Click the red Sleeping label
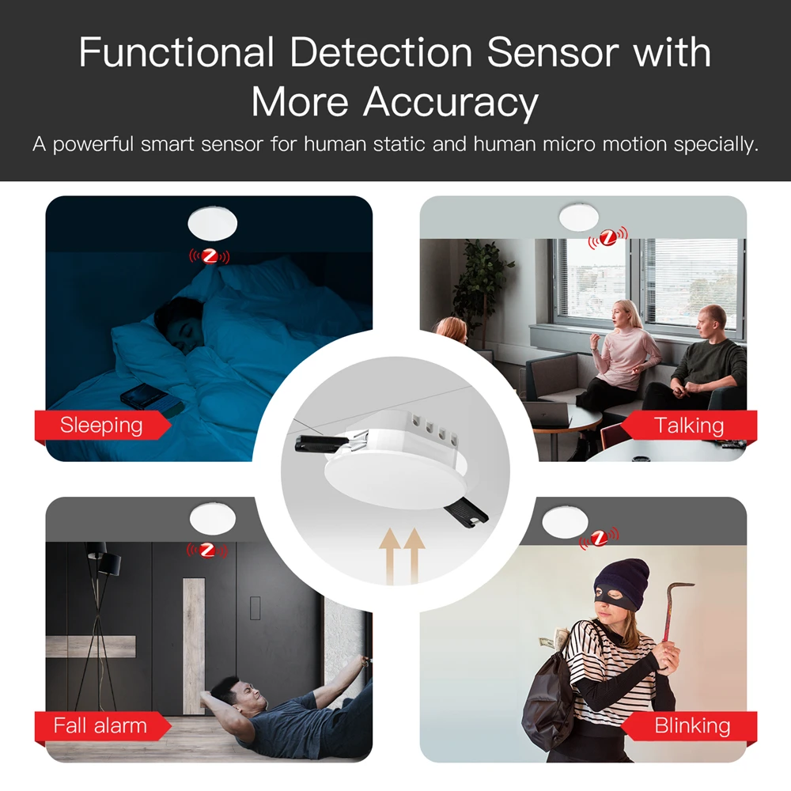(101, 426)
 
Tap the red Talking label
(689, 426)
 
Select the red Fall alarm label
(100, 725)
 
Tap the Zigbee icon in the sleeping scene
(209, 256)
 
